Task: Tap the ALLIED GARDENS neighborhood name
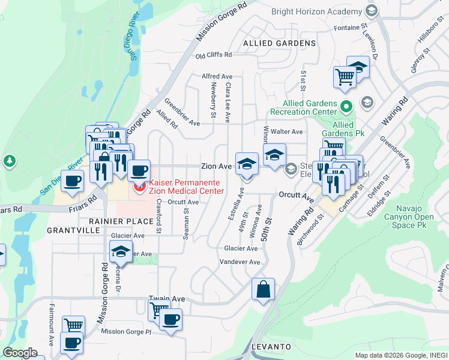[279, 43]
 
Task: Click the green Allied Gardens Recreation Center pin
[346, 107]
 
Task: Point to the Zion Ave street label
[216, 166]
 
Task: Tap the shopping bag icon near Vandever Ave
[263, 289]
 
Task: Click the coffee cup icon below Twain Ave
[170, 319]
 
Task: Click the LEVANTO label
[271, 347]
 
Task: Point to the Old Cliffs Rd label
[213, 55]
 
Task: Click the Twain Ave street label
[167, 298]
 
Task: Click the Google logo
[20, 353]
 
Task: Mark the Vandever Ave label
[240, 262]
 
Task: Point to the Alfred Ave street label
[217, 76]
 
